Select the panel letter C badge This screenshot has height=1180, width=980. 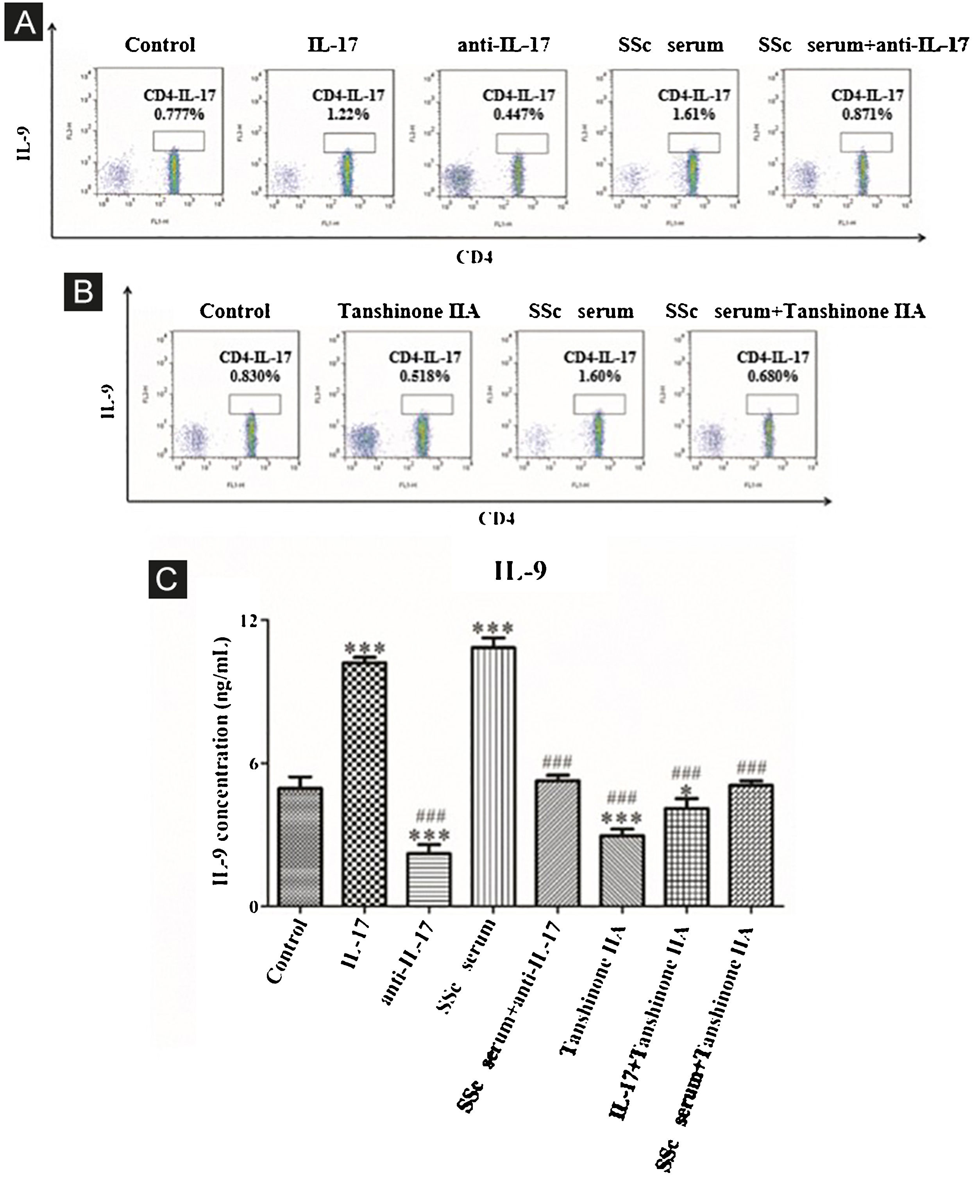167,580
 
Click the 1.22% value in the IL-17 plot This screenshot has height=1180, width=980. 348,114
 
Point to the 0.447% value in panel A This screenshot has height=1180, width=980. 518,114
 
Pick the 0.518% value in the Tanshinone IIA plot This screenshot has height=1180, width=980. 424,376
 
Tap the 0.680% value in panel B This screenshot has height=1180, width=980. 772,376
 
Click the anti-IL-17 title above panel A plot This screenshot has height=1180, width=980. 504,45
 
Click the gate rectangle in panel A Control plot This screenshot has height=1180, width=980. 179,141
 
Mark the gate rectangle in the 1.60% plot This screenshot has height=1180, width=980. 599,404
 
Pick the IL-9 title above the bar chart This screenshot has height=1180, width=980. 520,571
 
